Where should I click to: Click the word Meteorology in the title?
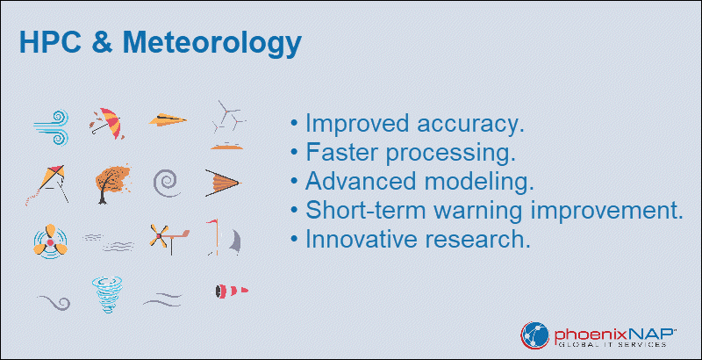pyautogui.click(x=211, y=43)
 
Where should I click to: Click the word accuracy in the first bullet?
pyautogui.click(x=466, y=123)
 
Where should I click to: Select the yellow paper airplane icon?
pyautogui.click(x=168, y=120)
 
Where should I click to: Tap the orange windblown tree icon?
pyautogui.click(x=112, y=184)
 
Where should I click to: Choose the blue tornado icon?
pyautogui.click(x=106, y=294)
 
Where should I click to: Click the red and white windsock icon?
pyautogui.click(x=231, y=291)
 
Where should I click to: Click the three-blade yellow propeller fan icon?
pyautogui.click(x=50, y=241)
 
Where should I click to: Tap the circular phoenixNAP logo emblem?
pyautogui.click(x=534, y=335)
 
